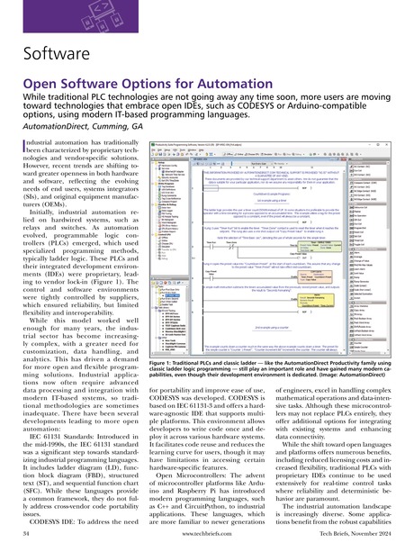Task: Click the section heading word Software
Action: coord(49,59)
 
